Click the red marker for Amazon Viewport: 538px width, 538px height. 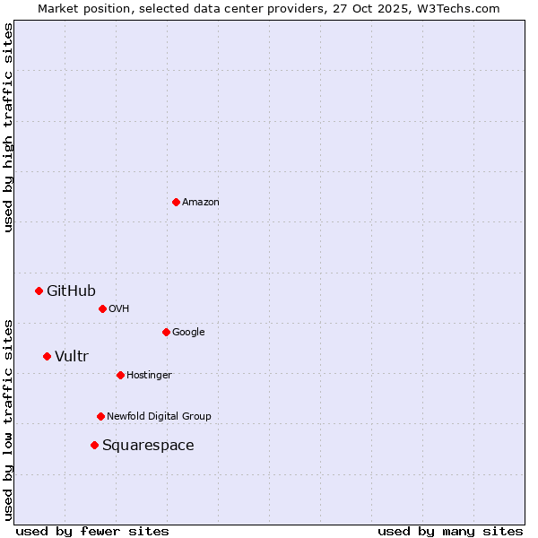(x=176, y=202)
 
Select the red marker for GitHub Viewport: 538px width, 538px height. (x=39, y=291)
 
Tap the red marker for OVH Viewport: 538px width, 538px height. (x=102, y=308)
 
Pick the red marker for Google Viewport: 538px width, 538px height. (x=166, y=332)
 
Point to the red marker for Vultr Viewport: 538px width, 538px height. (x=47, y=356)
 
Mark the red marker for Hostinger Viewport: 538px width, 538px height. (x=120, y=375)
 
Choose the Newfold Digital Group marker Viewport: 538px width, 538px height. (x=100, y=416)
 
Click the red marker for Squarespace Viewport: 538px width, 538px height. (x=94, y=445)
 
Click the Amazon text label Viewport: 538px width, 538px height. (x=201, y=203)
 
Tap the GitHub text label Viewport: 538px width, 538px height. (x=71, y=291)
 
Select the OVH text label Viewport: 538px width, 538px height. (x=119, y=309)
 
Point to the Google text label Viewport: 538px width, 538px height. (x=188, y=333)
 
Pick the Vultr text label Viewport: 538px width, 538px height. (x=72, y=357)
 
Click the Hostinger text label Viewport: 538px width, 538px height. (x=149, y=375)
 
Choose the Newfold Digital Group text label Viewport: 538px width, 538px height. (x=159, y=416)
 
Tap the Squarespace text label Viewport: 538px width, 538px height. (x=148, y=446)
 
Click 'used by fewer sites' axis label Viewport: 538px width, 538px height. (x=92, y=531)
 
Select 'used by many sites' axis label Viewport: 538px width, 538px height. (x=450, y=531)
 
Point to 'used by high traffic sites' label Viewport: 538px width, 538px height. (x=8, y=127)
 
